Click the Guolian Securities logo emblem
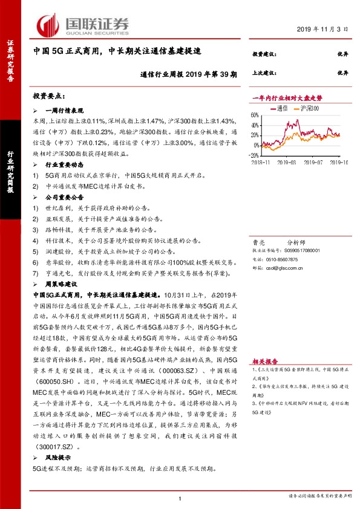click(x=48, y=25)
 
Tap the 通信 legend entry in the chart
click(x=280, y=108)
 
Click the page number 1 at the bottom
click(x=180, y=498)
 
